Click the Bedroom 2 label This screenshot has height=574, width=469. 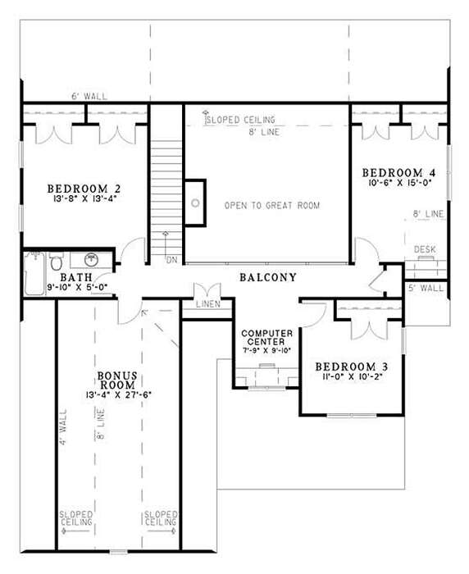click(84, 189)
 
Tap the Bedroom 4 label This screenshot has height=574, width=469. click(398, 172)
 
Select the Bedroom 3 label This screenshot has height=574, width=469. click(352, 367)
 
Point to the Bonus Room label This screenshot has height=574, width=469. click(117, 380)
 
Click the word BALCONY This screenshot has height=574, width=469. click(268, 277)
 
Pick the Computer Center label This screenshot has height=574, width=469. click(267, 338)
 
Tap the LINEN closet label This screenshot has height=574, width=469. click(208, 304)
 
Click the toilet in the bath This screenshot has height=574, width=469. click(56, 261)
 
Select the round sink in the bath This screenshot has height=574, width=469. click(91, 260)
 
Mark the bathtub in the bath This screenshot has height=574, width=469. click(34, 273)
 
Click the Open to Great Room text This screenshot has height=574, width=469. click(272, 205)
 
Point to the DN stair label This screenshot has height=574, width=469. click(171, 260)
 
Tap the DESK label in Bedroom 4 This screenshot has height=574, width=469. click(425, 249)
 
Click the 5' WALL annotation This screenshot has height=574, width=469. click(426, 288)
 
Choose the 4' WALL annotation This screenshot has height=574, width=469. click(63, 427)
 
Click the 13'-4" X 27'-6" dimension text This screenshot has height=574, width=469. click(119, 395)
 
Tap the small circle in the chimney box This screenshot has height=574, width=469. click(195, 203)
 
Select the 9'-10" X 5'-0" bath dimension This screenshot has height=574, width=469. click(77, 287)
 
